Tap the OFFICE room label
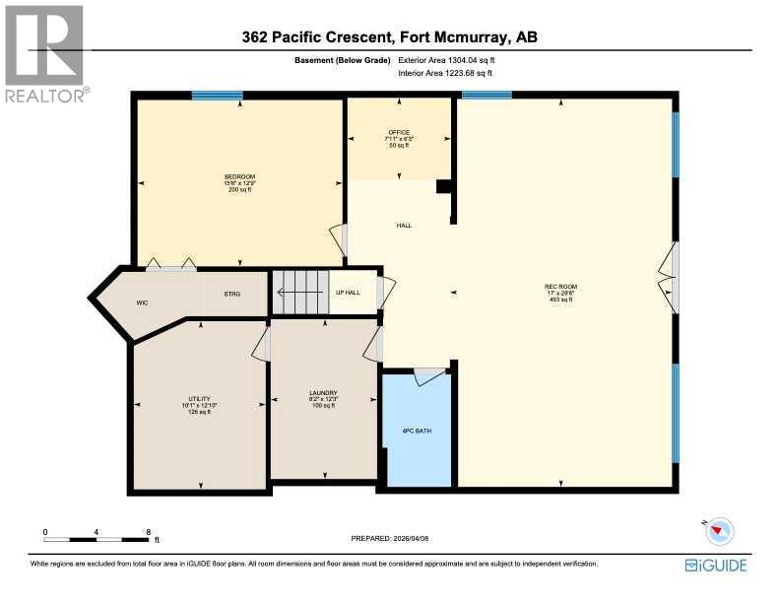point(398,132)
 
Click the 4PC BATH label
point(417,431)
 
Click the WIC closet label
point(142,293)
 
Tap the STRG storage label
point(232,293)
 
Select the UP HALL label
point(348,293)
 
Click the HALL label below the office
point(404,226)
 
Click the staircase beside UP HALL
point(299,293)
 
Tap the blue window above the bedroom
point(217,96)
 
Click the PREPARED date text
point(391,538)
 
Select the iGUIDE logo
point(716,566)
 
